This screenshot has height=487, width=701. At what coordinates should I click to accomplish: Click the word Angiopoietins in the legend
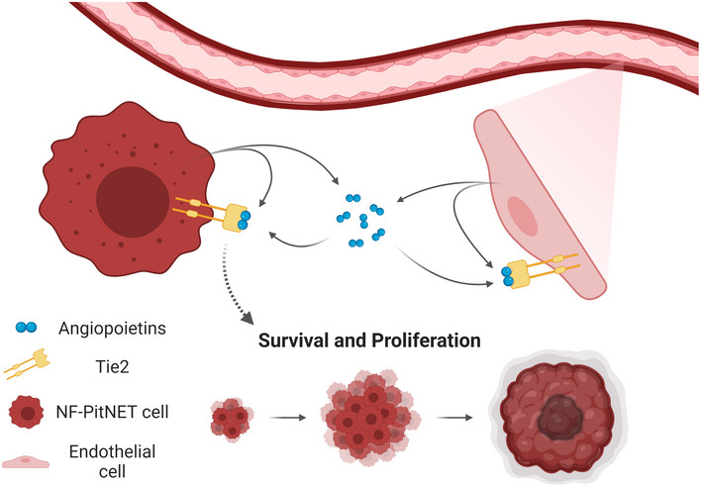click(x=112, y=329)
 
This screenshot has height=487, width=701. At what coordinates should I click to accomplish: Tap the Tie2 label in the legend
click(x=112, y=367)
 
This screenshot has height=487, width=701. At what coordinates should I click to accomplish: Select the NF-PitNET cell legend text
click(x=112, y=412)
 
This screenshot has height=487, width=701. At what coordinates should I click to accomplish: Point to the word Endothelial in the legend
click(x=112, y=451)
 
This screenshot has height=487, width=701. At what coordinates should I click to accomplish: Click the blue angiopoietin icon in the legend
click(x=26, y=328)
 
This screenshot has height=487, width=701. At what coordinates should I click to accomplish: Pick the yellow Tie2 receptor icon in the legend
click(x=27, y=363)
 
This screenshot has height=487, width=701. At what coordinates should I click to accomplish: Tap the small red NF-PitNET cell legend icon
click(x=27, y=412)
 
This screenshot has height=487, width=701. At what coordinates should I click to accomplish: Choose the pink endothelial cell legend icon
click(x=26, y=461)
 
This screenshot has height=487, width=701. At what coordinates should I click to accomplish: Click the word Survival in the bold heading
click(x=291, y=341)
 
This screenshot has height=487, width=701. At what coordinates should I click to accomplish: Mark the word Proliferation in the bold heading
click(x=427, y=341)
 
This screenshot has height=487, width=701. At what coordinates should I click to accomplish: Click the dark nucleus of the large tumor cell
click(x=133, y=202)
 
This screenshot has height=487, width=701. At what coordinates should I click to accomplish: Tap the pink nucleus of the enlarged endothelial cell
click(x=522, y=216)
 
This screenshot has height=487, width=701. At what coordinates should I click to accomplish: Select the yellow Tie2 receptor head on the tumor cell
click(x=236, y=217)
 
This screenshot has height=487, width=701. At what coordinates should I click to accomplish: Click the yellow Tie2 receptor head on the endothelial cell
click(x=517, y=274)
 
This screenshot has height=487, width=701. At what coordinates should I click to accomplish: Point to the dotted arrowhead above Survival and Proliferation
click(x=248, y=319)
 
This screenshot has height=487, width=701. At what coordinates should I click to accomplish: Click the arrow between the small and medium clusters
click(x=288, y=418)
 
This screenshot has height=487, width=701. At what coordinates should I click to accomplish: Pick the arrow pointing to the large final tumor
click(x=454, y=418)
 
